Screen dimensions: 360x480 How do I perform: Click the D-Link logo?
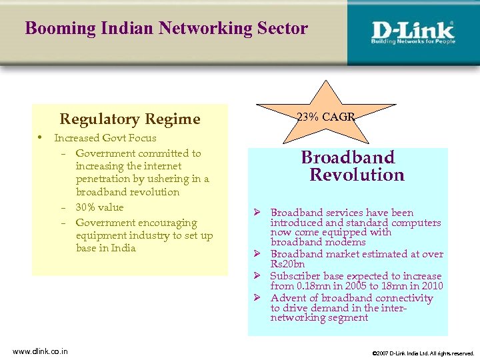[413, 32]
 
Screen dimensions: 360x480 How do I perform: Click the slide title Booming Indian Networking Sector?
[166, 29]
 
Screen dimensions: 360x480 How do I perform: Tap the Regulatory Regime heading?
[130, 119]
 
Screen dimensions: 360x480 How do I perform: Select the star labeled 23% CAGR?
[325, 115]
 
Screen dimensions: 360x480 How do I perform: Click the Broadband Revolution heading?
[353, 166]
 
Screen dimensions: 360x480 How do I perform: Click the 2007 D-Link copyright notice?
[423, 353]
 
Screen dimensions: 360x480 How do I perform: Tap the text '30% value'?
[99, 207]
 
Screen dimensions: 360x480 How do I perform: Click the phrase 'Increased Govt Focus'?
[105, 138]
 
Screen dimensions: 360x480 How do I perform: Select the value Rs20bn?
[286, 265]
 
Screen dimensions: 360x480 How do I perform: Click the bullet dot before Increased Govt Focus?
[40, 138]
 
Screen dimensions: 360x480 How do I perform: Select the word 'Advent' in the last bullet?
[287, 298]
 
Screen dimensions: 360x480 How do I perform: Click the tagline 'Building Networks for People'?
[413, 41]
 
